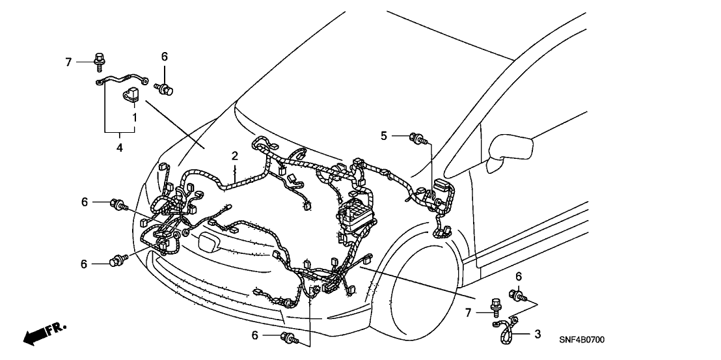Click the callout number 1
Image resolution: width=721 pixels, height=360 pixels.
(x=135, y=118)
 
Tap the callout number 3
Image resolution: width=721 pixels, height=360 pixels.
(x=537, y=335)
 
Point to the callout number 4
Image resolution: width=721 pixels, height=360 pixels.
(x=120, y=148)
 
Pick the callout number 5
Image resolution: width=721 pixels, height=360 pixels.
(x=384, y=135)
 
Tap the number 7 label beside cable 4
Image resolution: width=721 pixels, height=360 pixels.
(x=68, y=62)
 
